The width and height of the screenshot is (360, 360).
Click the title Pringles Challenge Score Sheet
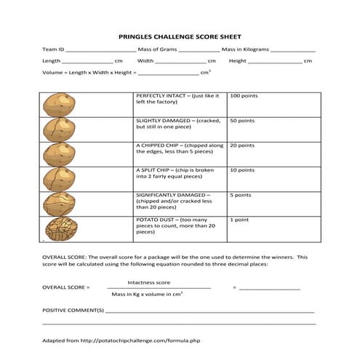coord(180,36)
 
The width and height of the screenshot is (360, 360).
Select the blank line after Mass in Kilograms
coord(292,50)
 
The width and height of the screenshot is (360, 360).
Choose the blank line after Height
coord(276,62)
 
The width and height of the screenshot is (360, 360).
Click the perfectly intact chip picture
coord(59,105)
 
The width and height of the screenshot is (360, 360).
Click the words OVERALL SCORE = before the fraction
coord(66,288)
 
